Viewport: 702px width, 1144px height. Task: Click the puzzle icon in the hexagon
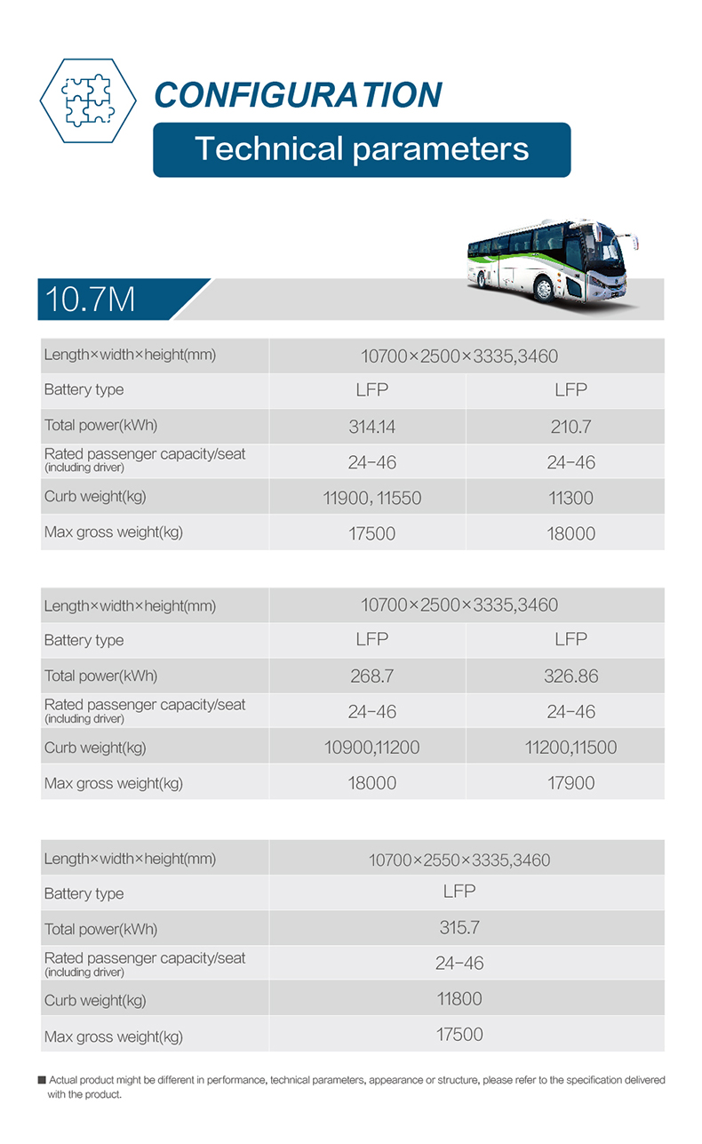[88, 100]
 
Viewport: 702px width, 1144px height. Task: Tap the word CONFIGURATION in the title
[298, 95]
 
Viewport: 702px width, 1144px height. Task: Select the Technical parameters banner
[362, 149]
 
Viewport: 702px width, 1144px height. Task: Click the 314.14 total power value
[371, 427]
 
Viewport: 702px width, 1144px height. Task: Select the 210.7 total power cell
[570, 427]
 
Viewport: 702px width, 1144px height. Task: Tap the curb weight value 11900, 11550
[371, 498]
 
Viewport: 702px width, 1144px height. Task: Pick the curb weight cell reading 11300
[570, 498]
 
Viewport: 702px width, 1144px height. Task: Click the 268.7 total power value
[371, 676]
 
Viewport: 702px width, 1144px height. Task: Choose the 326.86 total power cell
[570, 676]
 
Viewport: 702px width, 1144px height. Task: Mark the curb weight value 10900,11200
[371, 748]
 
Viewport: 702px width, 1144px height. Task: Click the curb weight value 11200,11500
[570, 748]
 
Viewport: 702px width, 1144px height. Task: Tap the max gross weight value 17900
[570, 783]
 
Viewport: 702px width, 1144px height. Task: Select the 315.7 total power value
[459, 928]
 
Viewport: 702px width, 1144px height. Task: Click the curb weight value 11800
[459, 999]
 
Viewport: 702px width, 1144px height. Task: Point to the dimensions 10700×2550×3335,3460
[459, 860]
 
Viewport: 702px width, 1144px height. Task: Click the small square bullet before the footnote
[41, 1080]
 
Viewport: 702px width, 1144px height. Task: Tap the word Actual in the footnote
[65, 1080]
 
